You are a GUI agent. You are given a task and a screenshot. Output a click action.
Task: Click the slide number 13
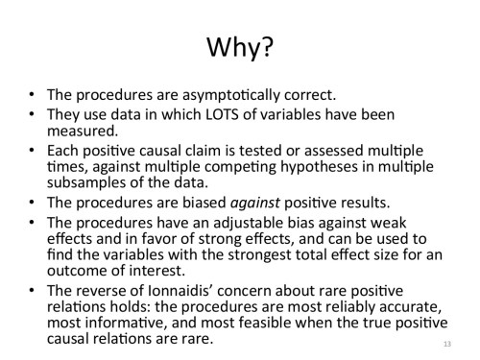click(x=448, y=343)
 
